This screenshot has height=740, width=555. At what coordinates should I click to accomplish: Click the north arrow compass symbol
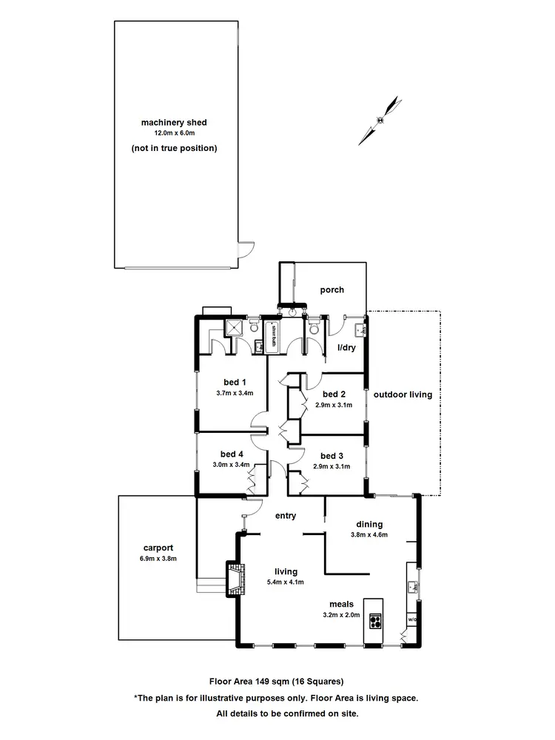click(380, 119)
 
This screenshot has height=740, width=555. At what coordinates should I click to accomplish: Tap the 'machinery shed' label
click(174, 123)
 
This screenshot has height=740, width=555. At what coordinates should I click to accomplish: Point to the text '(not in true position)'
click(174, 148)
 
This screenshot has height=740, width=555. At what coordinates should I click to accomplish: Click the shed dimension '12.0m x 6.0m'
click(174, 133)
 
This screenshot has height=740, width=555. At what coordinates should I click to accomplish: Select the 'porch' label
click(332, 290)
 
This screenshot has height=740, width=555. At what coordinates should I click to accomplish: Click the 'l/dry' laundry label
click(346, 347)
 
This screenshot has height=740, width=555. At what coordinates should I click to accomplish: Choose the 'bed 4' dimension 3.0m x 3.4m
click(231, 465)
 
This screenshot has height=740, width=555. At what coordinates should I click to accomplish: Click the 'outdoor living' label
click(403, 394)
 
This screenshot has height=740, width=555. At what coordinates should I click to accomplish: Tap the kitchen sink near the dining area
click(412, 588)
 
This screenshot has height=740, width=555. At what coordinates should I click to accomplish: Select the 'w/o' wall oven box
click(412, 618)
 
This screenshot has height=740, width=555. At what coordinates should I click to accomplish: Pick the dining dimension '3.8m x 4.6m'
click(369, 534)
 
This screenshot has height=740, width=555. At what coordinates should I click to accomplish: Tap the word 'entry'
click(286, 516)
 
